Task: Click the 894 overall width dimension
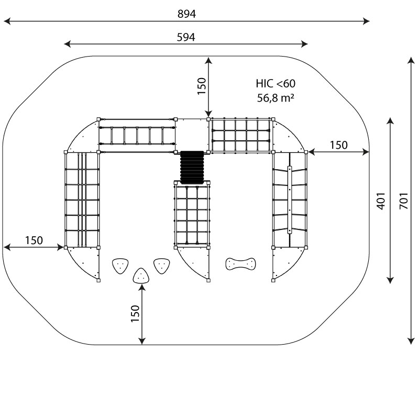[x=186, y=14]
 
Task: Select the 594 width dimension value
[x=186, y=37]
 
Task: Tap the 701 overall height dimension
[x=403, y=200]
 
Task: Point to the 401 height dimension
[x=381, y=201]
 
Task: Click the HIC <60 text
[x=275, y=83]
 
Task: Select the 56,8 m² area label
[x=275, y=97]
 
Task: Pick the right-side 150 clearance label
[x=338, y=145]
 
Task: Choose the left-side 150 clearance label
[x=34, y=240]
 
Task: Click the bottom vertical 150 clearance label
[x=135, y=314]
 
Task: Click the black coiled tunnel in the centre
[x=192, y=167]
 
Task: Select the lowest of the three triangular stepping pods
[x=141, y=275]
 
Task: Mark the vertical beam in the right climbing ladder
[x=289, y=199]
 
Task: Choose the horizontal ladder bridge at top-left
[x=137, y=136]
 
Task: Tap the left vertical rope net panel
[x=82, y=199]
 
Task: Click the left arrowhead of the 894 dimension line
[x=6, y=21]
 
